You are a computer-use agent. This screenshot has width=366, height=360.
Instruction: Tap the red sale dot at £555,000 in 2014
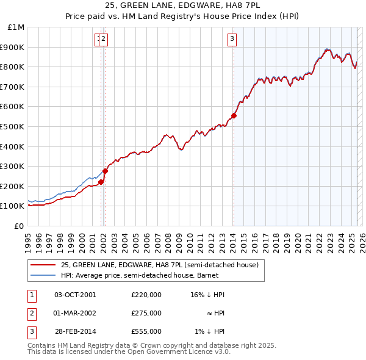pyautogui.click(x=234, y=115)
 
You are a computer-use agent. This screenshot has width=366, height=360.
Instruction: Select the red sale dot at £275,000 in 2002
pyautogui.click(x=105, y=171)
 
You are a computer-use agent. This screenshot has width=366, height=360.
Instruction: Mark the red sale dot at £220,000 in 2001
pyautogui.click(x=101, y=182)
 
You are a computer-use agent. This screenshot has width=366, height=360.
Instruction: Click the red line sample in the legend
pyautogui.click(x=43, y=265)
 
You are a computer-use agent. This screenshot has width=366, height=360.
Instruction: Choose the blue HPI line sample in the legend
pyautogui.click(x=43, y=275)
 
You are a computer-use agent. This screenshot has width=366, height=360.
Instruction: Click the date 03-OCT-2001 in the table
pyautogui.click(x=75, y=295)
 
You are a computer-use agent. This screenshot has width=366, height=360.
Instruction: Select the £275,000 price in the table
pyautogui.click(x=146, y=313)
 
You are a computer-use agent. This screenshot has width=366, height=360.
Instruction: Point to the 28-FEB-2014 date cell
pyautogui.click(x=75, y=331)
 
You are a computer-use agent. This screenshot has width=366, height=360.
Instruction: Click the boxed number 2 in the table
pyautogui.click(x=31, y=313)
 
